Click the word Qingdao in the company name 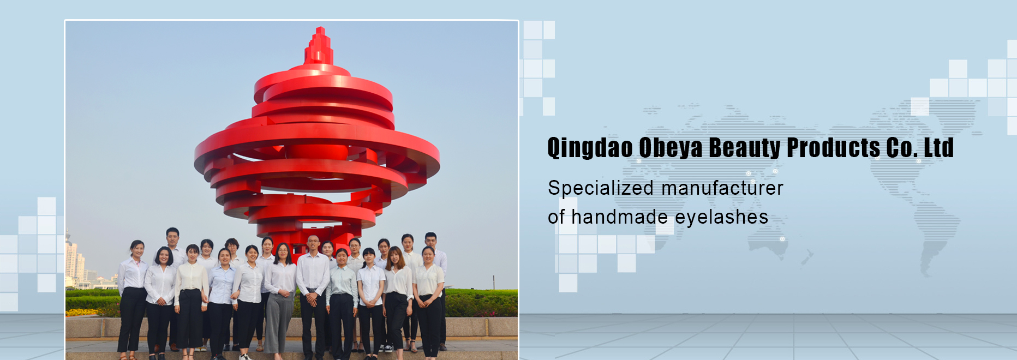click(590, 148)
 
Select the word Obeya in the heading click(669, 148)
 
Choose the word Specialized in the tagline click(601, 188)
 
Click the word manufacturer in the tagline click(722, 188)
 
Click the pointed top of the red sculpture click(320, 28)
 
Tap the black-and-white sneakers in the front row click(388, 347)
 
